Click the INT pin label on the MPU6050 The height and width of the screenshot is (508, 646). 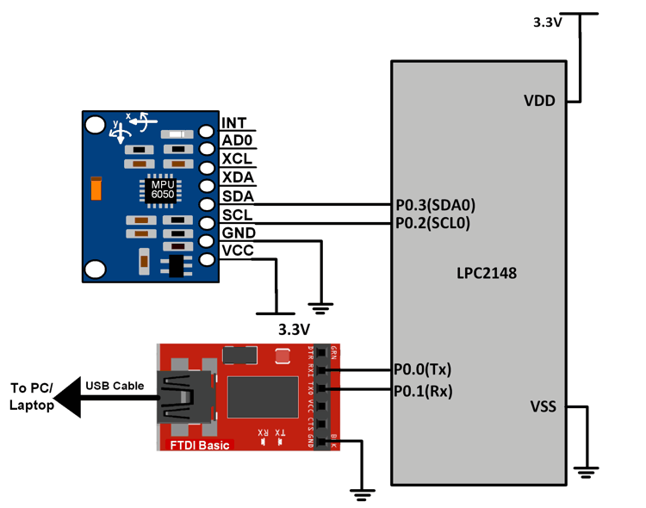click(233, 123)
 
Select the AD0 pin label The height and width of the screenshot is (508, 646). click(237, 141)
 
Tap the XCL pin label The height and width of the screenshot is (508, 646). click(237, 159)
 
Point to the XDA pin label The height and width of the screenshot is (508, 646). click(237, 177)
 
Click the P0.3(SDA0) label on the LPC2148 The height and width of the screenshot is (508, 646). click(435, 205)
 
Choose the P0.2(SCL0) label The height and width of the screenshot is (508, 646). click(434, 223)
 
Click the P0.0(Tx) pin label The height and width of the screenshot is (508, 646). click(423, 369)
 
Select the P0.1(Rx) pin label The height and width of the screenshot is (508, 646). click(423, 391)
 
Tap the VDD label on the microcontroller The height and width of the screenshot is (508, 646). click(540, 102)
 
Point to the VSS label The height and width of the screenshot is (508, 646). click(541, 406)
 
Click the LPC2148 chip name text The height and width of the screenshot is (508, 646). click(487, 273)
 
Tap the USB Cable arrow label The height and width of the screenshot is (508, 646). click(115, 386)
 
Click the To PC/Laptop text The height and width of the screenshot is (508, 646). click(31, 396)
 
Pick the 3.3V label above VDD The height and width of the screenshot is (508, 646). click(548, 23)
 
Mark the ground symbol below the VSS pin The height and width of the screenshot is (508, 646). click(587, 470)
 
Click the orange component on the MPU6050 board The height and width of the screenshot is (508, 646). click(96, 187)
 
